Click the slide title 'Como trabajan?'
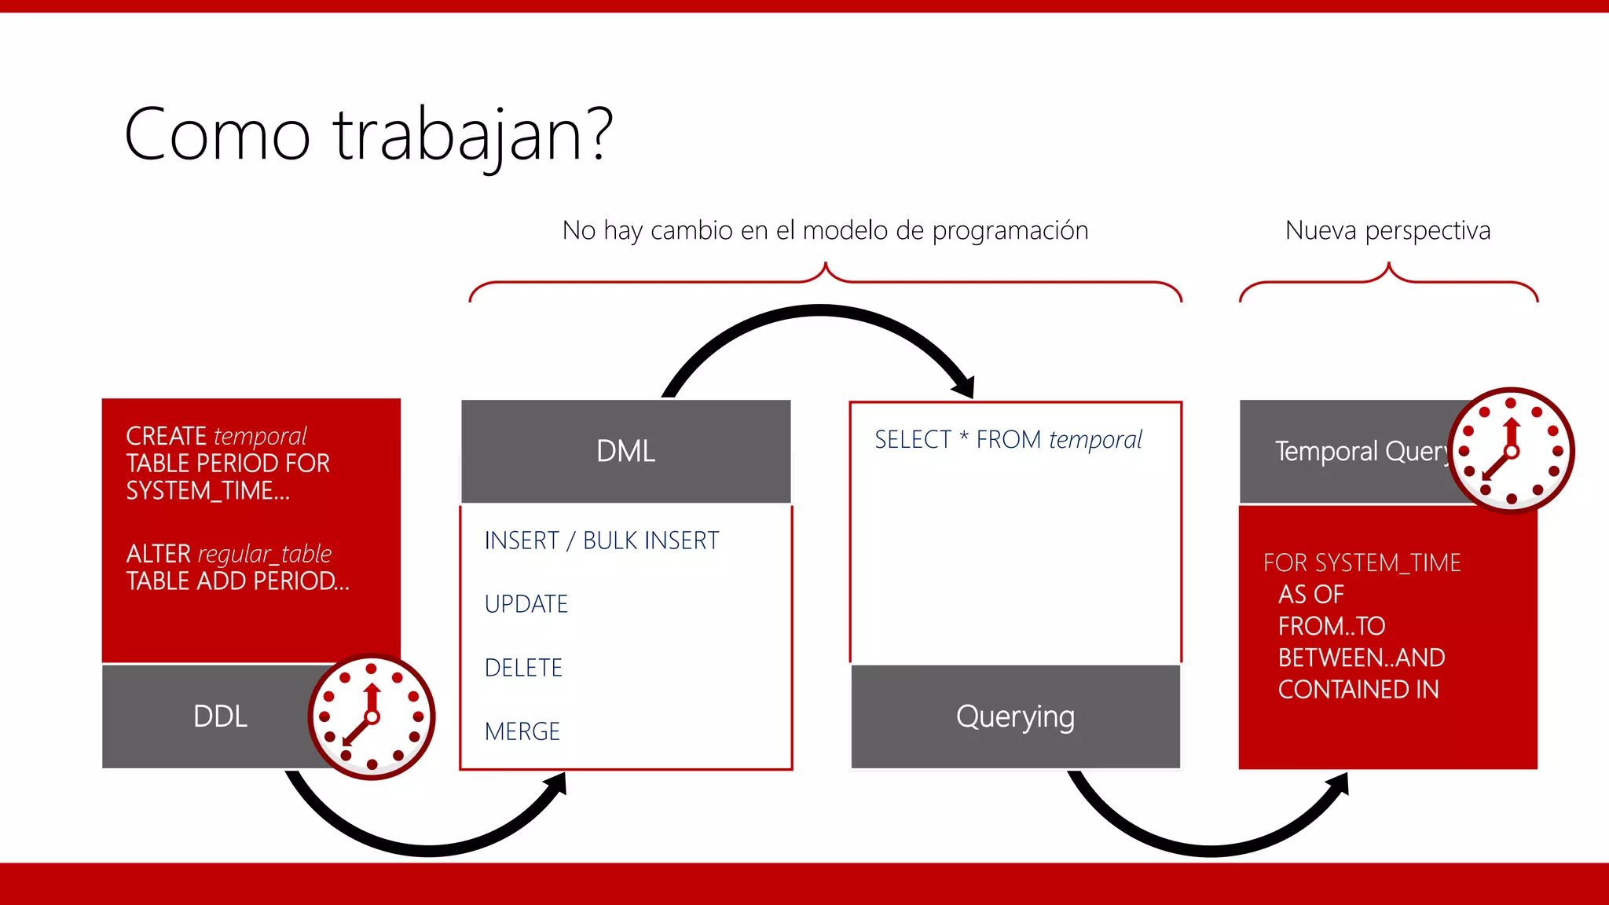pyautogui.click(x=368, y=135)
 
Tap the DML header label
pyautogui.click(x=625, y=452)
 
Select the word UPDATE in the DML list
pyautogui.click(x=526, y=604)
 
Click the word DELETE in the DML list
pyautogui.click(x=523, y=668)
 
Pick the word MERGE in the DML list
pyautogui.click(x=522, y=731)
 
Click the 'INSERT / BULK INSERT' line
pyautogui.click(x=601, y=540)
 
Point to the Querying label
pyautogui.click(x=1015, y=716)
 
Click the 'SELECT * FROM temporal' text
pyautogui.click(x=1008, y=440)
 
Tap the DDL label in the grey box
pyautogui.click(x=220, y=716)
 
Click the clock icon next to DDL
pyautogui.click(x=372, y=716)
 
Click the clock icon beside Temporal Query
pyautogui.click(x=1511, y=451)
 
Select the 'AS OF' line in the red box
pyautogui.click(x=1310, y=595)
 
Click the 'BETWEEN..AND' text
pyautogui.click(x=1361, y=658)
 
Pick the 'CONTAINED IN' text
pyautogui.click(x=1358, y=690)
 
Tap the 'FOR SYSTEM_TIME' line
pyautogui.click(x=1362, y=562)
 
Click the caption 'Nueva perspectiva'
pyautogui.click(x=1387, y=230)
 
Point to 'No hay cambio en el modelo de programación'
pyautogui.click(x=825, y=230)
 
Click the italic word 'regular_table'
pyautogui.click(x=265, y=554)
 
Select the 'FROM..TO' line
pyautogui.click(x=1331, y=626)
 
